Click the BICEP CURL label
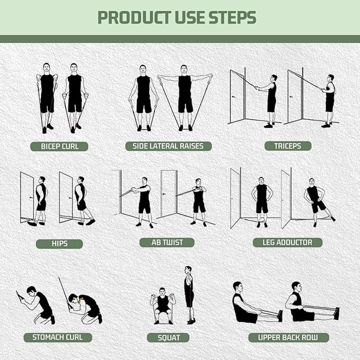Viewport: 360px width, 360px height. [x=59, y=146]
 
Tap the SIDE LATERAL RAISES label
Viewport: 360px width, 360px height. [x=168, y=146]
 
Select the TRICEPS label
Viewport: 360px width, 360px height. [x=288, y=146]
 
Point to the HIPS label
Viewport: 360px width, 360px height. [x=59, y=244]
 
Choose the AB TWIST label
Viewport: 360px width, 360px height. [x=166, y=242]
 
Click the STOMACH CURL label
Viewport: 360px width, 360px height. [x=58, y=337]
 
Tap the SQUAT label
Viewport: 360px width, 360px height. [x=169, y=338]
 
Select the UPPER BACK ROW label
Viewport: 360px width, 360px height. [x=288, y=337]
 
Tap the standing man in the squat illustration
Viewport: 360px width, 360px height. [x=189, y=294]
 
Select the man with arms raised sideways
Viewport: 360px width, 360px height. [x=185, y=95]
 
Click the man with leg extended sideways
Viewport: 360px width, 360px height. [x=317, y=201]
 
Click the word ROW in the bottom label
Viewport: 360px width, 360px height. [x=314, y=337]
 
